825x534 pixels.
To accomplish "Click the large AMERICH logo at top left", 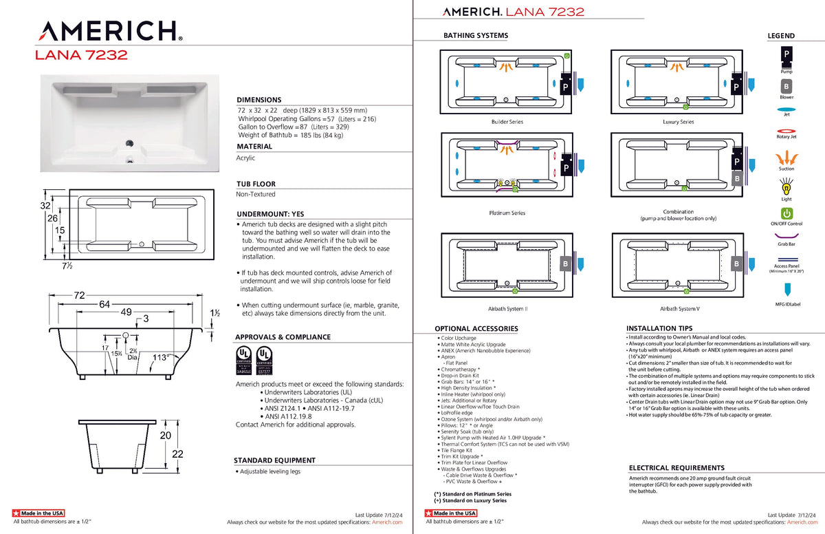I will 109,31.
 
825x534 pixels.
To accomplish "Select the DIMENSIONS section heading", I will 258,100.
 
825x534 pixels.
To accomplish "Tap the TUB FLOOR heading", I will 256,184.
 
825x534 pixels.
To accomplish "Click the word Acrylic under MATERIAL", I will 245,158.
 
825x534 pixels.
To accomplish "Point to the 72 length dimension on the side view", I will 80,295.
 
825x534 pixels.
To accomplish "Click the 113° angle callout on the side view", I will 162,356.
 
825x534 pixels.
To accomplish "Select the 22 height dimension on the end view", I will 177,453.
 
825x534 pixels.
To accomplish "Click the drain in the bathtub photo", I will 127,143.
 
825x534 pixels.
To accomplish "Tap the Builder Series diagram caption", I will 507,122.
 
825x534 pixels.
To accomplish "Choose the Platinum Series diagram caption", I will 507,213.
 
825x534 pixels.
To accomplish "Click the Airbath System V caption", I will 679,309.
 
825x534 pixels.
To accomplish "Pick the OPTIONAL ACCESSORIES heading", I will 476,329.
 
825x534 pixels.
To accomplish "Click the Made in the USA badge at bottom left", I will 39,513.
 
